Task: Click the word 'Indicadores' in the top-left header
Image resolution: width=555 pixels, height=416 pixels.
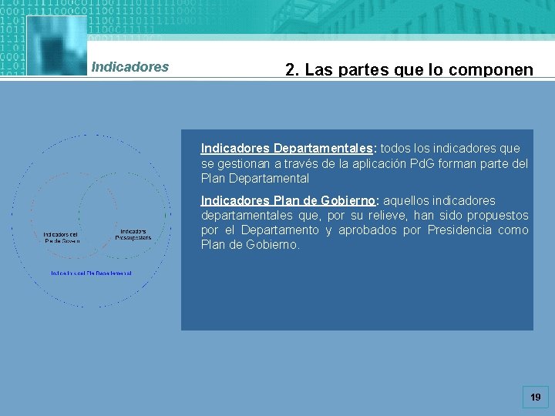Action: (129, 67)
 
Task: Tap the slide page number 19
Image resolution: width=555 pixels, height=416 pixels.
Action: (536, 398)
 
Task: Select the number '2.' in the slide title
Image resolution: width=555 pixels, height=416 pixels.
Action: (292, 70)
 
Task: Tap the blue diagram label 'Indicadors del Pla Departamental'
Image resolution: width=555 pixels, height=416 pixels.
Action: (92, 273)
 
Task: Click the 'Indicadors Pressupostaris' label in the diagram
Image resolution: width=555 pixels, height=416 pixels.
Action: (134, 234)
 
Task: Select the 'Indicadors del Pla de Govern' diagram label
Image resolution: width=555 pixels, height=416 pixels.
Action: (61, 237)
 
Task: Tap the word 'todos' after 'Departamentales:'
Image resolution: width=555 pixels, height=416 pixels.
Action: (395, 148)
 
